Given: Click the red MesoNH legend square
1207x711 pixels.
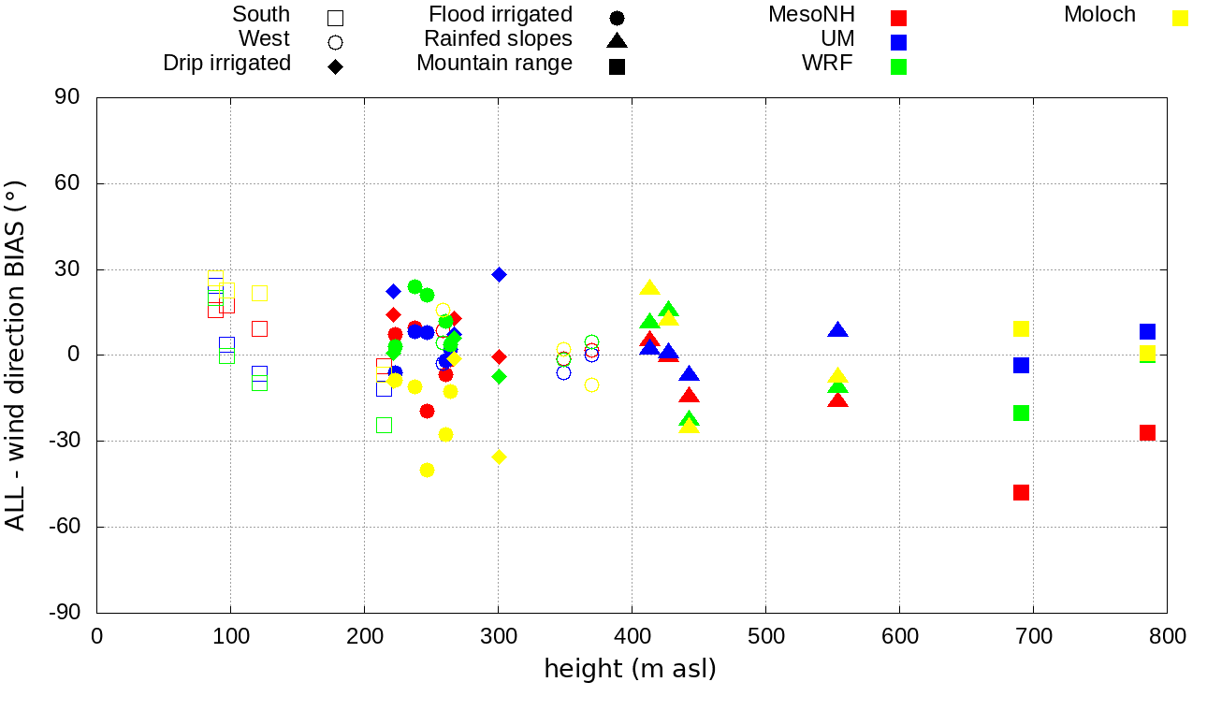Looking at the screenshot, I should coord(899,17).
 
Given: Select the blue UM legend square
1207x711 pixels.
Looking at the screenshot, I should coord(899,42).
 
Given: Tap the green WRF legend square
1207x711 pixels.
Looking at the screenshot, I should coord(899,66).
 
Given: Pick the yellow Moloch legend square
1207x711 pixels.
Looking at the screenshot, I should coord(1181,17).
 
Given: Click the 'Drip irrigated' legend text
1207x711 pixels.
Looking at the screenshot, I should coord(226,64).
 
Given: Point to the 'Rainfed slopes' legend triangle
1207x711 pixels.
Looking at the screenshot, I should coord(617,40).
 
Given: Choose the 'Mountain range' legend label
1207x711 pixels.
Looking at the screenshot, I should coord(494,64).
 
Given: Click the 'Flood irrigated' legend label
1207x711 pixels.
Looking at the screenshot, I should coord(501,15).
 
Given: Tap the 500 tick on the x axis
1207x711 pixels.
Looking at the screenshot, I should coord(766,637).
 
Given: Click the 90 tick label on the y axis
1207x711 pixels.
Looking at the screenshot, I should coord(68,97).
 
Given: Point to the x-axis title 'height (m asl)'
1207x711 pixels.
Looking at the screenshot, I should coord(631,669).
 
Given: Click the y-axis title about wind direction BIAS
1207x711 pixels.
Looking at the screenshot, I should coord(16,355).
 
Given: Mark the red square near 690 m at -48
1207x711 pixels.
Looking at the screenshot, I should coord(1021,492).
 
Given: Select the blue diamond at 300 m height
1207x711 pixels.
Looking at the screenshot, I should coord(499,275).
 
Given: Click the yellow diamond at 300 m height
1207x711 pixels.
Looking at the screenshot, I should coord(499,457).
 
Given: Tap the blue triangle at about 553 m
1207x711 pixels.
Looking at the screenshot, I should coord(837,330).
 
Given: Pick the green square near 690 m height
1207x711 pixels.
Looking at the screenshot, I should coord(1021,413).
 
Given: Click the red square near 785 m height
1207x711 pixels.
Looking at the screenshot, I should coord(1147,432).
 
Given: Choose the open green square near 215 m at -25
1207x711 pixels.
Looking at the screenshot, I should coord(384,425).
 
